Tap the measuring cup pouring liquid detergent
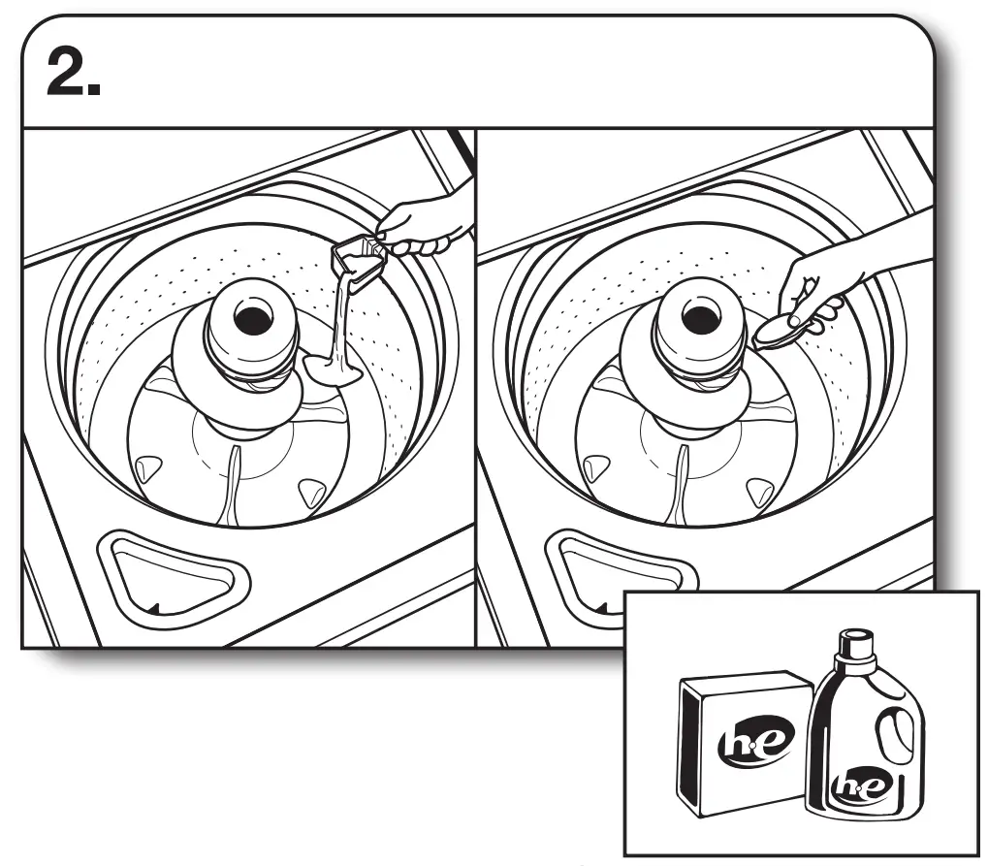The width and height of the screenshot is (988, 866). (x=356, y=260)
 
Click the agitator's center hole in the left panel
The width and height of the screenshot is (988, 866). (x=249, y=316)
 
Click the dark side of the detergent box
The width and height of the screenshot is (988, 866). (x=693, y=742)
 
